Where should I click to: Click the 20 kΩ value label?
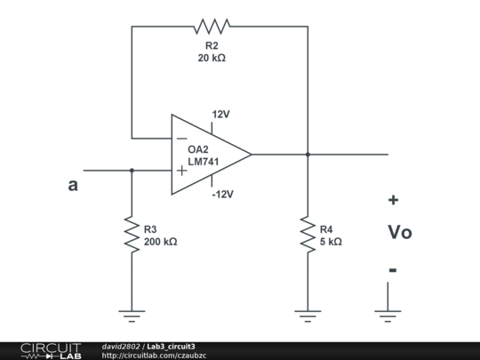point(212,58)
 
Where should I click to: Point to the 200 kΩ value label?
point(160,242)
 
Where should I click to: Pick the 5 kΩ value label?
point(331,242)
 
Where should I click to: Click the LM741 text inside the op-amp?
point(204,162)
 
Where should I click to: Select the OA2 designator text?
point(198,149)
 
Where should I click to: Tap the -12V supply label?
point(222,195)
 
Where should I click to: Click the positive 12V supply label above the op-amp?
point(220,115)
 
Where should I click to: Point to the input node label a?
point(73,186)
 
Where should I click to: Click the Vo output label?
point(399,233)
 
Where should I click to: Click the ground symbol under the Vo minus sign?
point(388,312)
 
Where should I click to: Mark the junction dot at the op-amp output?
point(308,154)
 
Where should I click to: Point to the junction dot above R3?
point(132,170)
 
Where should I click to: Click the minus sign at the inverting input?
point(181,139)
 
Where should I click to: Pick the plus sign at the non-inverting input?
point(181,170)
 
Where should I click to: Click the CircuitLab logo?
point(51,350)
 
